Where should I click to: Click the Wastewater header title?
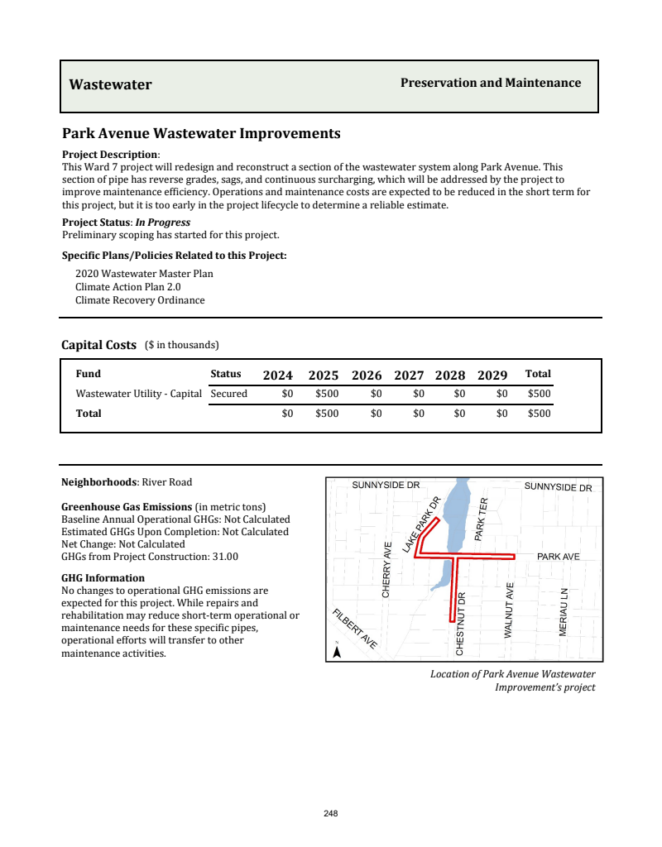pos(110,84)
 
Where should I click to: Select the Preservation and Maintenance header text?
pos(491,83)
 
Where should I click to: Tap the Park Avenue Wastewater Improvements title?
pos(201,134)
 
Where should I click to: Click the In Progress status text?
pos(163,223)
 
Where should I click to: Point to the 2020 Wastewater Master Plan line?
pos(144,274)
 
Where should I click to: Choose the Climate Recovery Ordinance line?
pos(140,300)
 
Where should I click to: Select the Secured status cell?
pos(229,394)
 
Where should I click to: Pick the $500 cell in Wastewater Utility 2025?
pos(327,394)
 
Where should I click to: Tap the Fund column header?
pos(89,374)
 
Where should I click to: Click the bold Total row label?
pos(89,414)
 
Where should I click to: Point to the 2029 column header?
pos(492,375)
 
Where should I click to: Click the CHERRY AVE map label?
pos(386,569)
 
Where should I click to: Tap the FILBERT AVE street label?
pos(356,629)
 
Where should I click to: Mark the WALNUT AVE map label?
pos(510,610)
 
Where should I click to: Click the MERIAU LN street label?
pos(564,612)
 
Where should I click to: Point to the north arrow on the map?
pos(337,651)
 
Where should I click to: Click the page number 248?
pos(331,814)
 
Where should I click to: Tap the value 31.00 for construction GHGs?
pos(226,557)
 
